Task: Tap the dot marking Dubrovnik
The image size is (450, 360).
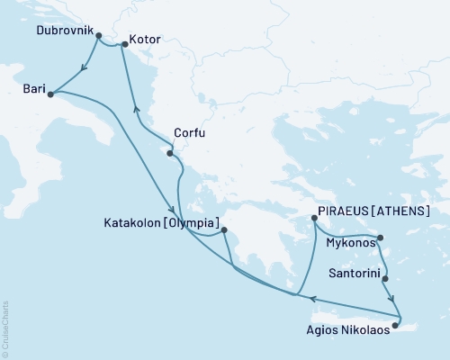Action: point(98,37)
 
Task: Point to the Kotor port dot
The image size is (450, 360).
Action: point(124,43)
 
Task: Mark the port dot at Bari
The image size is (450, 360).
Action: point(50,94)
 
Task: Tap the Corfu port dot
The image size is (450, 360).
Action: point(170,154)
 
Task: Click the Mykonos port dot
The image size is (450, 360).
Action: point(381,238)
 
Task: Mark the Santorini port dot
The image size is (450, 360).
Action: point(387,279)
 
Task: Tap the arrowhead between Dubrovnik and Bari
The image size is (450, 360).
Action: point(83,66)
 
